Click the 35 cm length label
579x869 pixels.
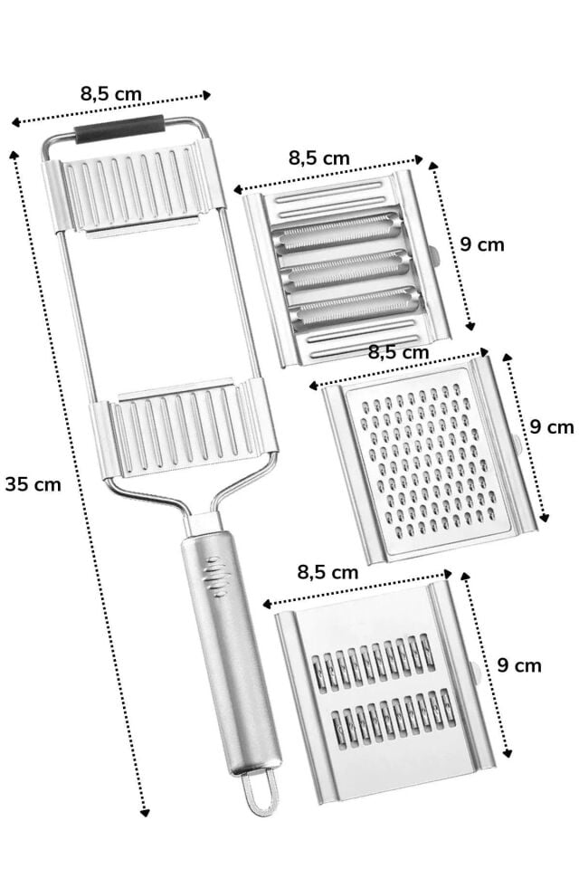pos(33,483)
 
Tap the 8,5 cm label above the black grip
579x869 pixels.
pos(110,92)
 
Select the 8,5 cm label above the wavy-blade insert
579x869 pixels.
pos(318,158)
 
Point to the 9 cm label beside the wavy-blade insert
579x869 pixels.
pos(481,244)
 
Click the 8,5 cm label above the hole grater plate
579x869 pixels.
pos(398,351)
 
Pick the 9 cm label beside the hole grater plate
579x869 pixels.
pos(551,425)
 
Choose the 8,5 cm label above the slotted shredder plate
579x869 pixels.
pos(327,572)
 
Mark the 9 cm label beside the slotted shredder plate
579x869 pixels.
pos(519,665)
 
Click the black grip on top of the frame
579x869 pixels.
pos(119,129)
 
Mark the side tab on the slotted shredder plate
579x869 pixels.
pos(475,674)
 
